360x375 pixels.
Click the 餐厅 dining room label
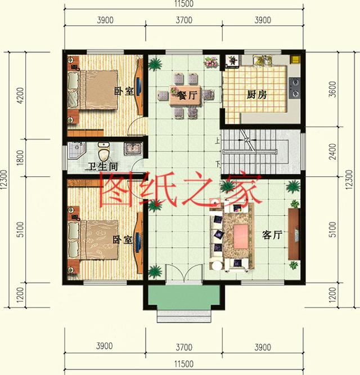coord(187,96)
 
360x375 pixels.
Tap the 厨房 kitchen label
coord(256,95)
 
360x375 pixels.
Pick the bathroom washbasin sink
coord(133,149)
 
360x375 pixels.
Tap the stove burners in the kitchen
coord(295,84)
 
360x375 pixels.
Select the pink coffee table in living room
coord(238,233)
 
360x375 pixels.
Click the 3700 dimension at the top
coord(183,20)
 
